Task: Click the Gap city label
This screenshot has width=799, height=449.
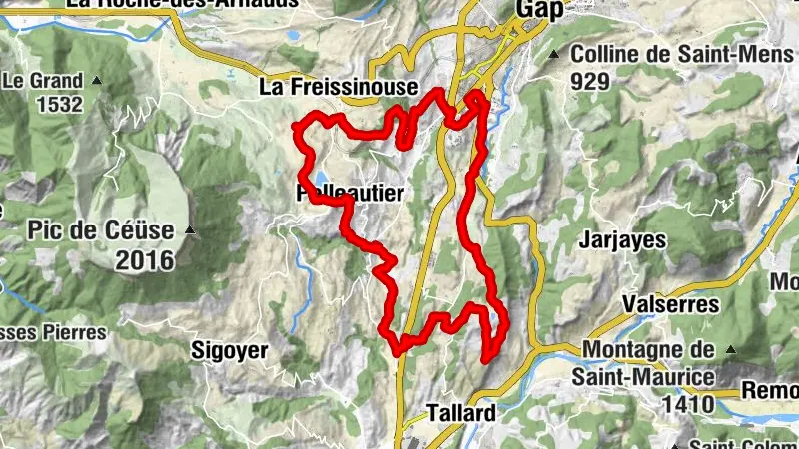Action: (539, 9)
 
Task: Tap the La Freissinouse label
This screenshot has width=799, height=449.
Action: (339, 88)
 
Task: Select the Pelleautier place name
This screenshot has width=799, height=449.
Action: (350, 195)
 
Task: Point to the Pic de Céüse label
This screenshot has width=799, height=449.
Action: (102, 231)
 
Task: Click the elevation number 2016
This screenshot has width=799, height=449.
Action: (144, 261)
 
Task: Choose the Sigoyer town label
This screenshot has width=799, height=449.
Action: (230, 350)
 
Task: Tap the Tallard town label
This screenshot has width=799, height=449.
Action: (460, 412)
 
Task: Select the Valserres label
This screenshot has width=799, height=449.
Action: (656, 302)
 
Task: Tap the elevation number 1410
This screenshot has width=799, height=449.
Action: (685, 404)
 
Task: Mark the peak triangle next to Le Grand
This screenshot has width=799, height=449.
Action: (97, 79)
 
